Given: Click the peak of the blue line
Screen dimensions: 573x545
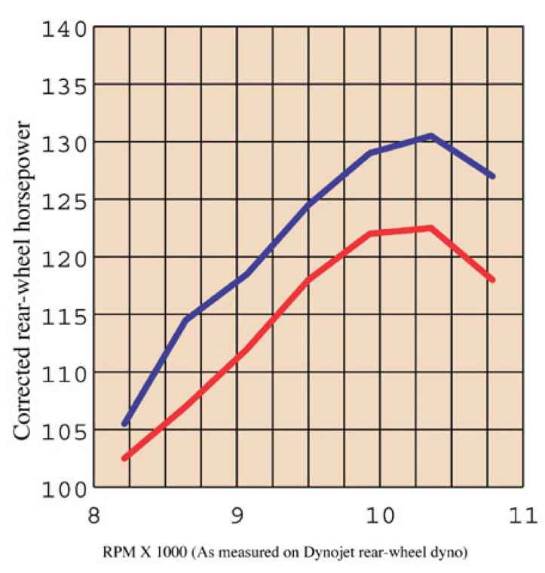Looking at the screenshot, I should coord(430,136).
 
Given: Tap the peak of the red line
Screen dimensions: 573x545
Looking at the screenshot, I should coord(430,228).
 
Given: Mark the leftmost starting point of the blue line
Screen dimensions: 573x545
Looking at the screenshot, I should coord(125,423).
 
